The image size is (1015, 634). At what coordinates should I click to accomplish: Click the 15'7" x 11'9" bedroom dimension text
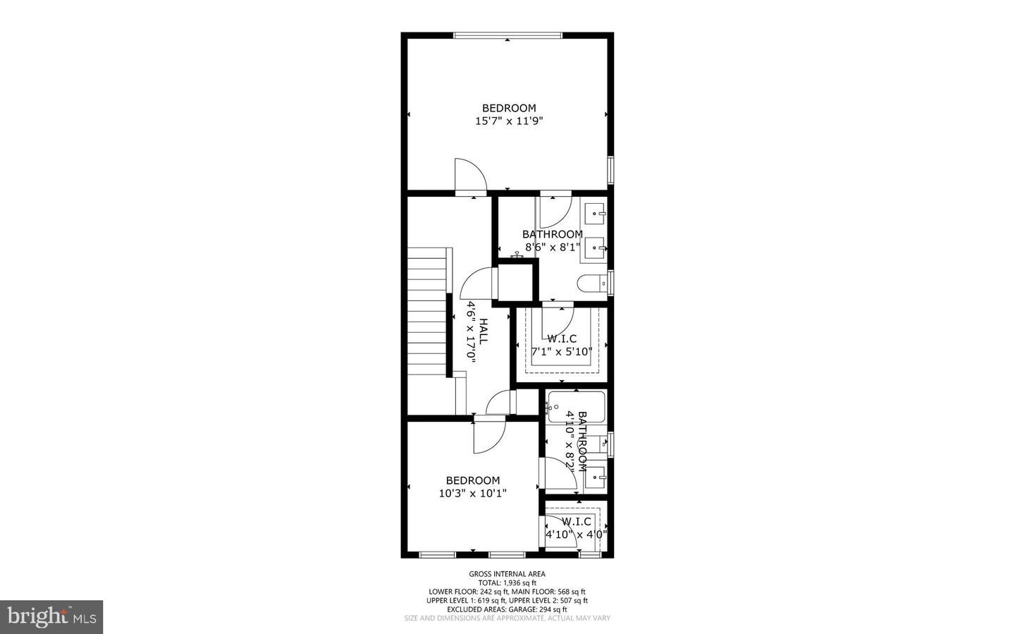tap(509, 121)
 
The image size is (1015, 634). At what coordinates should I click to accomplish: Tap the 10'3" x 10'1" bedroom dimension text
tap(472, 493)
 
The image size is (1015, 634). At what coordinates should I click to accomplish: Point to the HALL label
tap(484, 331)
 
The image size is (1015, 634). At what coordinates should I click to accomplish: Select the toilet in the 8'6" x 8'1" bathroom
tap(592, 284)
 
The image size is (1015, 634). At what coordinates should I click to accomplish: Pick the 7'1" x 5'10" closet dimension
tap(562, 351)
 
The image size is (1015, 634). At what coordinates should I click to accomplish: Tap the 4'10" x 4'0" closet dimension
tap(576, 535)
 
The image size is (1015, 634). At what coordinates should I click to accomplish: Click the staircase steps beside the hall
tap(427, 312)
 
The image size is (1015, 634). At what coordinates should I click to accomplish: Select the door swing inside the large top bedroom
tap(471, 175)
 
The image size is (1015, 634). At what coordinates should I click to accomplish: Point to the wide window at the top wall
tap(508, 35)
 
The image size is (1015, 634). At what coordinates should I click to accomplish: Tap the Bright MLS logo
tap(51, 617)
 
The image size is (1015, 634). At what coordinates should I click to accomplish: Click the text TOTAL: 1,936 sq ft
tap(508, 583)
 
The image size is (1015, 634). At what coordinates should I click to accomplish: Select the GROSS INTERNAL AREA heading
tap(507, 574)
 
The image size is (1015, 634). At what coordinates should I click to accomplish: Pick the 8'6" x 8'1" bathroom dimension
tap(553, 247)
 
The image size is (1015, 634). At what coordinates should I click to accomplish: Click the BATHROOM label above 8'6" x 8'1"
tap(553, 234)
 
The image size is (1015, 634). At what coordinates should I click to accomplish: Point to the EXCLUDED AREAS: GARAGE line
tap(507, 609)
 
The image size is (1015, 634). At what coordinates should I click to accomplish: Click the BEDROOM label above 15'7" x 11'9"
tap(509, 108)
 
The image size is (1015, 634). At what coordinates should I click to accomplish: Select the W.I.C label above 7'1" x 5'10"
tap(562, 339)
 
